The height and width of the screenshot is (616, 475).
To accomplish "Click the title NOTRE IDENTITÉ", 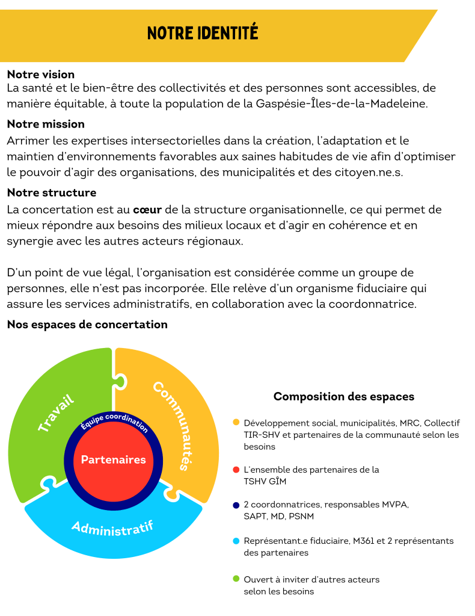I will [x=203, y=32].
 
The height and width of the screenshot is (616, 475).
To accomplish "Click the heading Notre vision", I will [x=40, y=75].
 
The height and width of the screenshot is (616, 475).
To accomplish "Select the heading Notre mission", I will [x=45, y=124].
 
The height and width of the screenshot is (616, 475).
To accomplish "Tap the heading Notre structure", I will [x=51, y=193].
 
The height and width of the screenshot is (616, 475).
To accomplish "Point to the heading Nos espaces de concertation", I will [x=87, y=325].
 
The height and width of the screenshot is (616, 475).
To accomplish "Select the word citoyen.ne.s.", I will [x=372, y=173].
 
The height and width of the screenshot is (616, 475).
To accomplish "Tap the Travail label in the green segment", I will [x=56, y=412].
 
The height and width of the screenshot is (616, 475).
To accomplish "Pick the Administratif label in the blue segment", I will [x=112, y=526].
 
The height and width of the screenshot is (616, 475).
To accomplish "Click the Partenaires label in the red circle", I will [x=114, y=459].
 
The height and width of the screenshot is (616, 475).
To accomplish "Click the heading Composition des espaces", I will [x=343, y=397].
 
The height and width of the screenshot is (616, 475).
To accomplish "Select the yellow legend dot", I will [x=236, y=422].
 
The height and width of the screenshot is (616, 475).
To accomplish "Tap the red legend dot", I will [x=236, y=470].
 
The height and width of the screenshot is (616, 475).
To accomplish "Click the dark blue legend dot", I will [x=236, y=505].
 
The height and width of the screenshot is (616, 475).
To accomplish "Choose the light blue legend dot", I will [x=236, y=541].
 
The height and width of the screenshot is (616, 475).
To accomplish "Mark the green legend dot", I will [x=236, y=579].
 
